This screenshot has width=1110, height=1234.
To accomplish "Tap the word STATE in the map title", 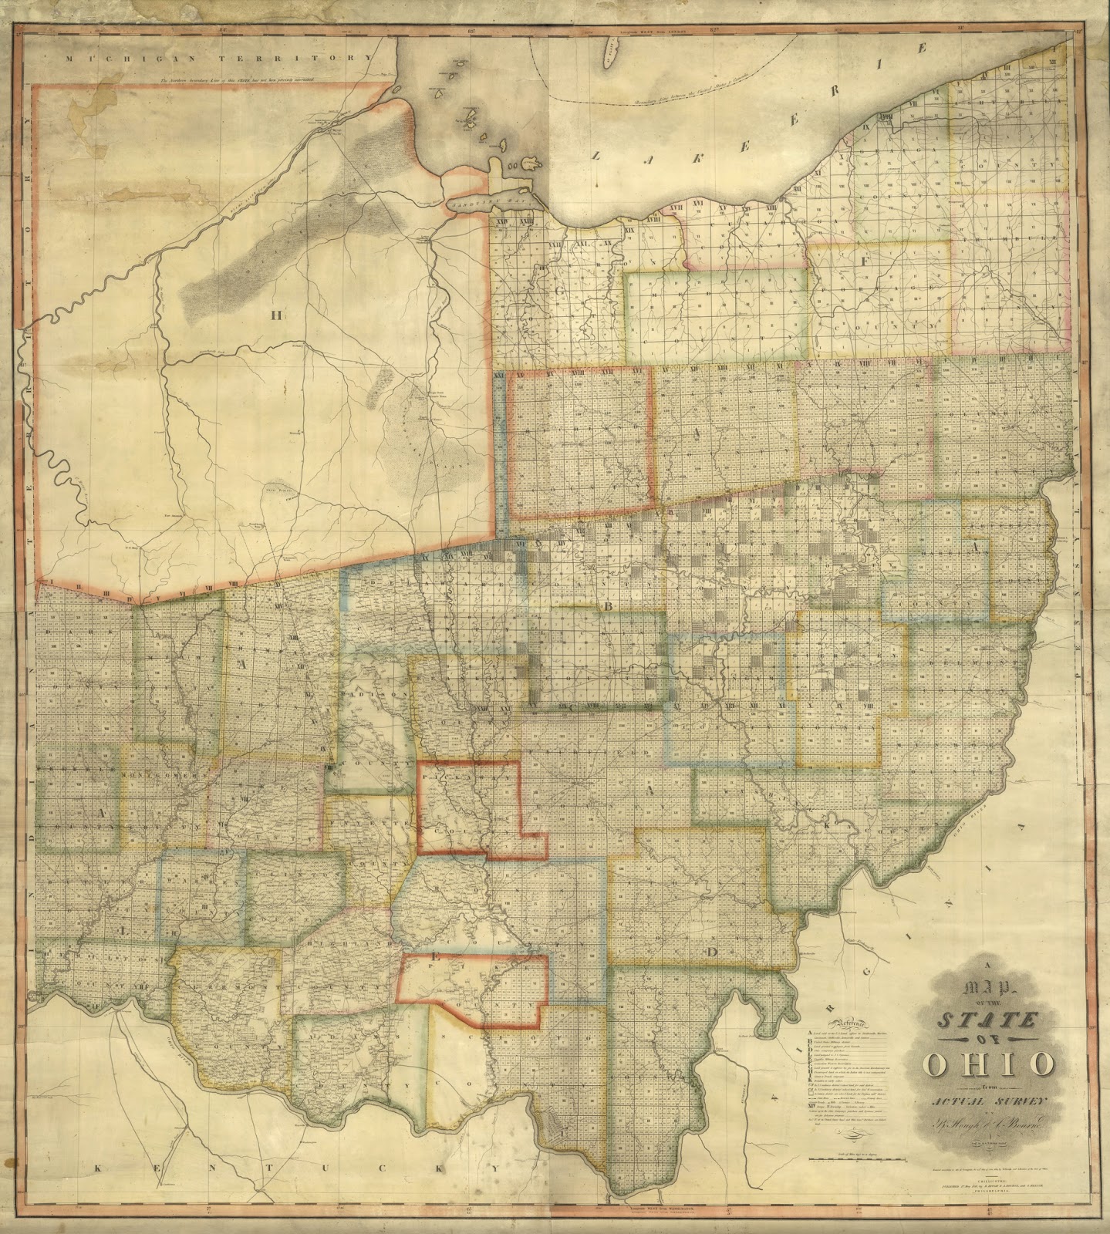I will click(x=986, y=1022).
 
